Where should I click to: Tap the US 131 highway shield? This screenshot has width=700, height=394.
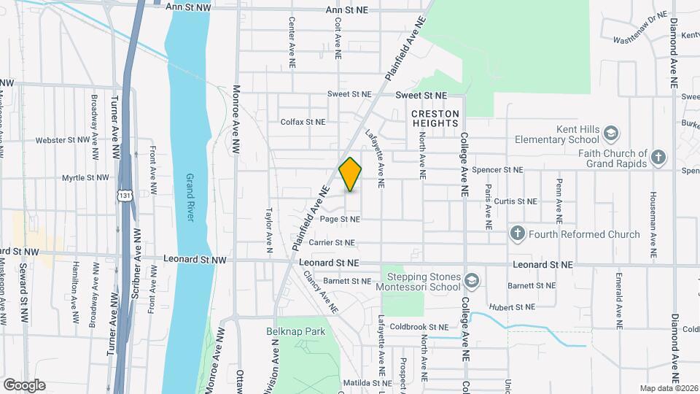[126, 196]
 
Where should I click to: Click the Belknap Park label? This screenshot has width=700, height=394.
[295, 331]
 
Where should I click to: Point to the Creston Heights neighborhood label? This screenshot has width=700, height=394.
[435, 119]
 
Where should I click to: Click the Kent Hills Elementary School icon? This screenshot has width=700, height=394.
[611, 133]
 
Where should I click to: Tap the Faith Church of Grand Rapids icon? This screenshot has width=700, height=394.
[658, 158]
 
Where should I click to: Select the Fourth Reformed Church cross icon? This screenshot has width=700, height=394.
[517, 234]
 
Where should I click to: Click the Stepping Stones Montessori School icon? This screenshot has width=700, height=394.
[472, 281]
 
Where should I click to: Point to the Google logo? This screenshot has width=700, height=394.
[24, 385]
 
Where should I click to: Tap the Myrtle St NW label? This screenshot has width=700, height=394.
[85, 177]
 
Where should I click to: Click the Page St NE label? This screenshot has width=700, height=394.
[340, 219]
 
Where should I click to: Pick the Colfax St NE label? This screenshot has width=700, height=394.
[303, 122]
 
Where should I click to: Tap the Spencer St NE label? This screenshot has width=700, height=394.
[498, 170]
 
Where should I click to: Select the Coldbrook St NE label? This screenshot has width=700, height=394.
[419, 327]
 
